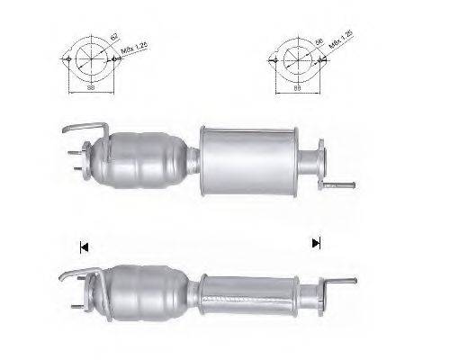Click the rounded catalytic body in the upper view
(148, 162)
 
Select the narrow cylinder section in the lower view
(247, 289)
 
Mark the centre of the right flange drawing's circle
(294, 59)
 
